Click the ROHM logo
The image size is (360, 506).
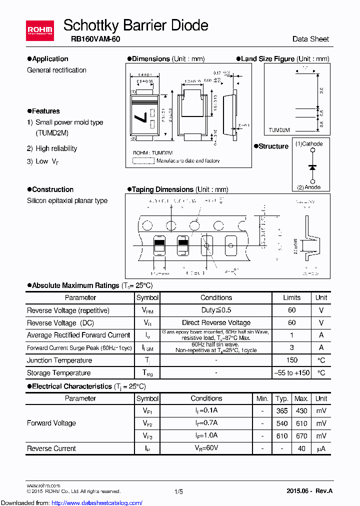(x=40, y=30)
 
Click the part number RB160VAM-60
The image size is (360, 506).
(x=91, y=39)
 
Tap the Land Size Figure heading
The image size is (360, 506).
(x=267, y=59)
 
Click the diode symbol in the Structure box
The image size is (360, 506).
(x=312, y=166)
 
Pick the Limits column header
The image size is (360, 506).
(x=291, y=297)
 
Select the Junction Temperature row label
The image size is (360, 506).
(x=59, y=360)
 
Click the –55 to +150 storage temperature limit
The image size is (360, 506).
(x=292, y=373)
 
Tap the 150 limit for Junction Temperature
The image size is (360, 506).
(x=292, y=360)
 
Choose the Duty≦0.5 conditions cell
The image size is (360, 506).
(x=216, y=310)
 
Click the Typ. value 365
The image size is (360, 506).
(x=282, y=411)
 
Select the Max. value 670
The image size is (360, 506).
(x=301, y=436)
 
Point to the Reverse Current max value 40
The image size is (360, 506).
(x=301, y=448)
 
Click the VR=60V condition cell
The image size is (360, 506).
(x=206, y=448)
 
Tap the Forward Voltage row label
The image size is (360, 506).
(x=51, y=423)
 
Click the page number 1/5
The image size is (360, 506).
(x=179, y=491)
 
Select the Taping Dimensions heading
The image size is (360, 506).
(x=162, y=189)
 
